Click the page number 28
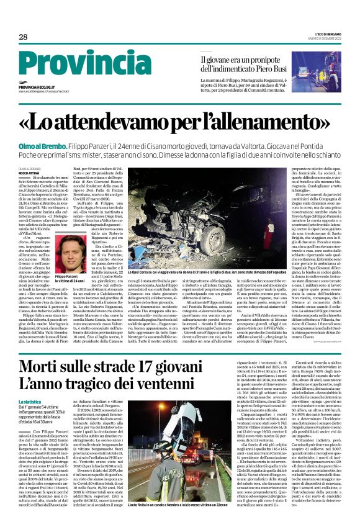23,37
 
